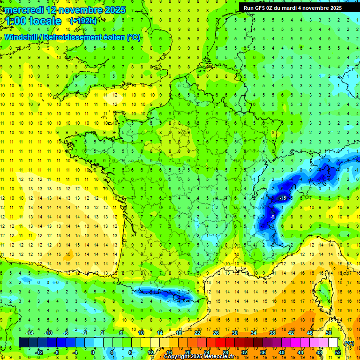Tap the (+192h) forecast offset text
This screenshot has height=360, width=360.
coord(83,21)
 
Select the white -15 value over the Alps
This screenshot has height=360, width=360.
coord(282,198)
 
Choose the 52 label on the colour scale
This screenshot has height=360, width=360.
coord(338,352)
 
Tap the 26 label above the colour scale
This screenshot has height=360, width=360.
coord(216,333)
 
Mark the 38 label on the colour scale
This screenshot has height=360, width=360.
coord(272,333)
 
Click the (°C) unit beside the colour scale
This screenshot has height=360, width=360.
coord(349,343)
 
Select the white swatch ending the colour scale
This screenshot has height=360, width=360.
coord(333,343)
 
